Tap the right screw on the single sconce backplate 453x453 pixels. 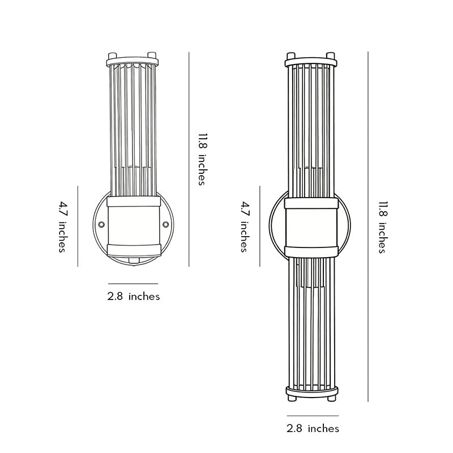pos(166,225)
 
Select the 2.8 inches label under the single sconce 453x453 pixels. pos(134,296)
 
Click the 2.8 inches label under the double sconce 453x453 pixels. pos(313,428)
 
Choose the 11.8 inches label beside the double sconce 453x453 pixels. pos(382,227)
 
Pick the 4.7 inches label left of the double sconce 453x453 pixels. pos(244,226)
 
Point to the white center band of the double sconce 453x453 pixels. pos(311,226)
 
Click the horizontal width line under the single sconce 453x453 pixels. pos(133,283)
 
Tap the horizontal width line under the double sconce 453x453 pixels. pos(313,416)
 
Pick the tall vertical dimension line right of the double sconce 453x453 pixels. pos(368,226)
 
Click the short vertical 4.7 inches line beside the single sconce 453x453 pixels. pos(78,226)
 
